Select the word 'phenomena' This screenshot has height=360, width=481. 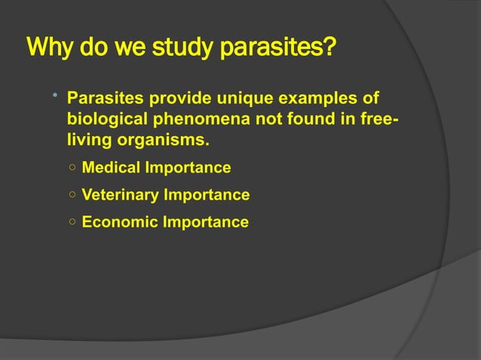188,120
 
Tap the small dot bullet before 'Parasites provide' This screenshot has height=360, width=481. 55,96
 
